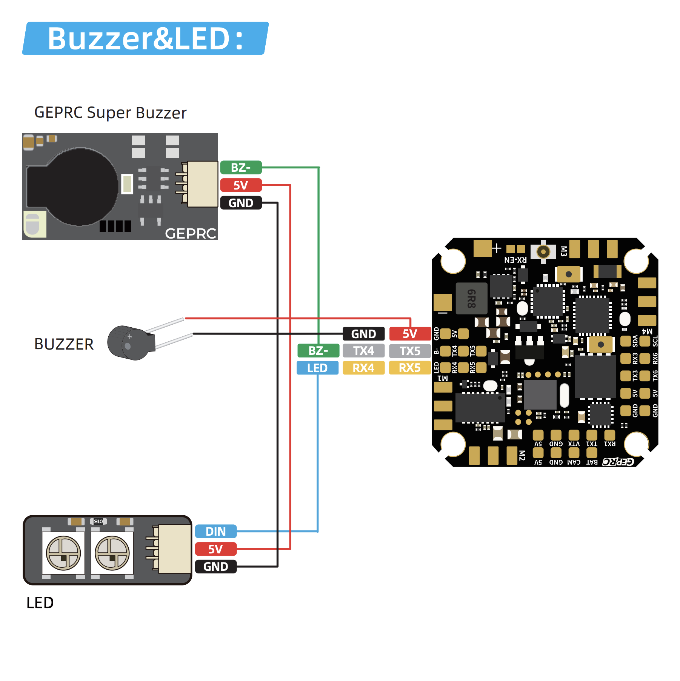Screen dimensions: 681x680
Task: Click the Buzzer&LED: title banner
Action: pyautogui.click(x=145, y=39)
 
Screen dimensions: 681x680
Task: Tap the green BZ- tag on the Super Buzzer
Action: pyautogui.click(x=241, y=168)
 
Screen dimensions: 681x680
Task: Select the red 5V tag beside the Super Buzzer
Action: pyautogui.click(x=241, y=185)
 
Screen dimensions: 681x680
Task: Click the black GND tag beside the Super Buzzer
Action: pyautogui.click(x=241, y=203)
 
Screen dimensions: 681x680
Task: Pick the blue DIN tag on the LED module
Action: pyautogui.click(x=216, y=532)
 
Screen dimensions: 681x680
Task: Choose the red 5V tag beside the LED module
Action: pyautogui.click(x=216, y=549)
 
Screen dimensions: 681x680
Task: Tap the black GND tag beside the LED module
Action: pyautogui.click(x=216, y=567)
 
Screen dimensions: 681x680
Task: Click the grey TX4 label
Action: pyautogui.click(x=364, y=351)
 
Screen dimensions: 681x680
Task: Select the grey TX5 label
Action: pyautogui.click(x=410, y=351)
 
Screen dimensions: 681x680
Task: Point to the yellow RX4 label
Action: pyautogui.click(x=364, y=368)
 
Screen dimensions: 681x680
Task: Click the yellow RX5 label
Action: pyautogui.click(x=410, y=368)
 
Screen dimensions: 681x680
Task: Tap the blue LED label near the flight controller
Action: pyautogui.click(x=317, y=368)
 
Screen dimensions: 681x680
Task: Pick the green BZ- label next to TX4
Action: pyautogui.click(x=318, y=351)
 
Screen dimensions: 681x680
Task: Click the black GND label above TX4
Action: pyautogui.click(x=364, y=334)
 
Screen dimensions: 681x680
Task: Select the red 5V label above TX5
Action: pyautogui.click(x=410, y=334)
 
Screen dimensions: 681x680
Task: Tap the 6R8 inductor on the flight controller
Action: pyautogui.click(x=471, y=298)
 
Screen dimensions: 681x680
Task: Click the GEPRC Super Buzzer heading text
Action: pyautogui.click(x=110, y=113)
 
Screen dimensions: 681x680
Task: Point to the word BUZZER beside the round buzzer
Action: pyautogui.click(x=64, y=344)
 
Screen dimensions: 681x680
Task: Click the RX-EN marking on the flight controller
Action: pyautogui.click(x=515, y=260)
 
